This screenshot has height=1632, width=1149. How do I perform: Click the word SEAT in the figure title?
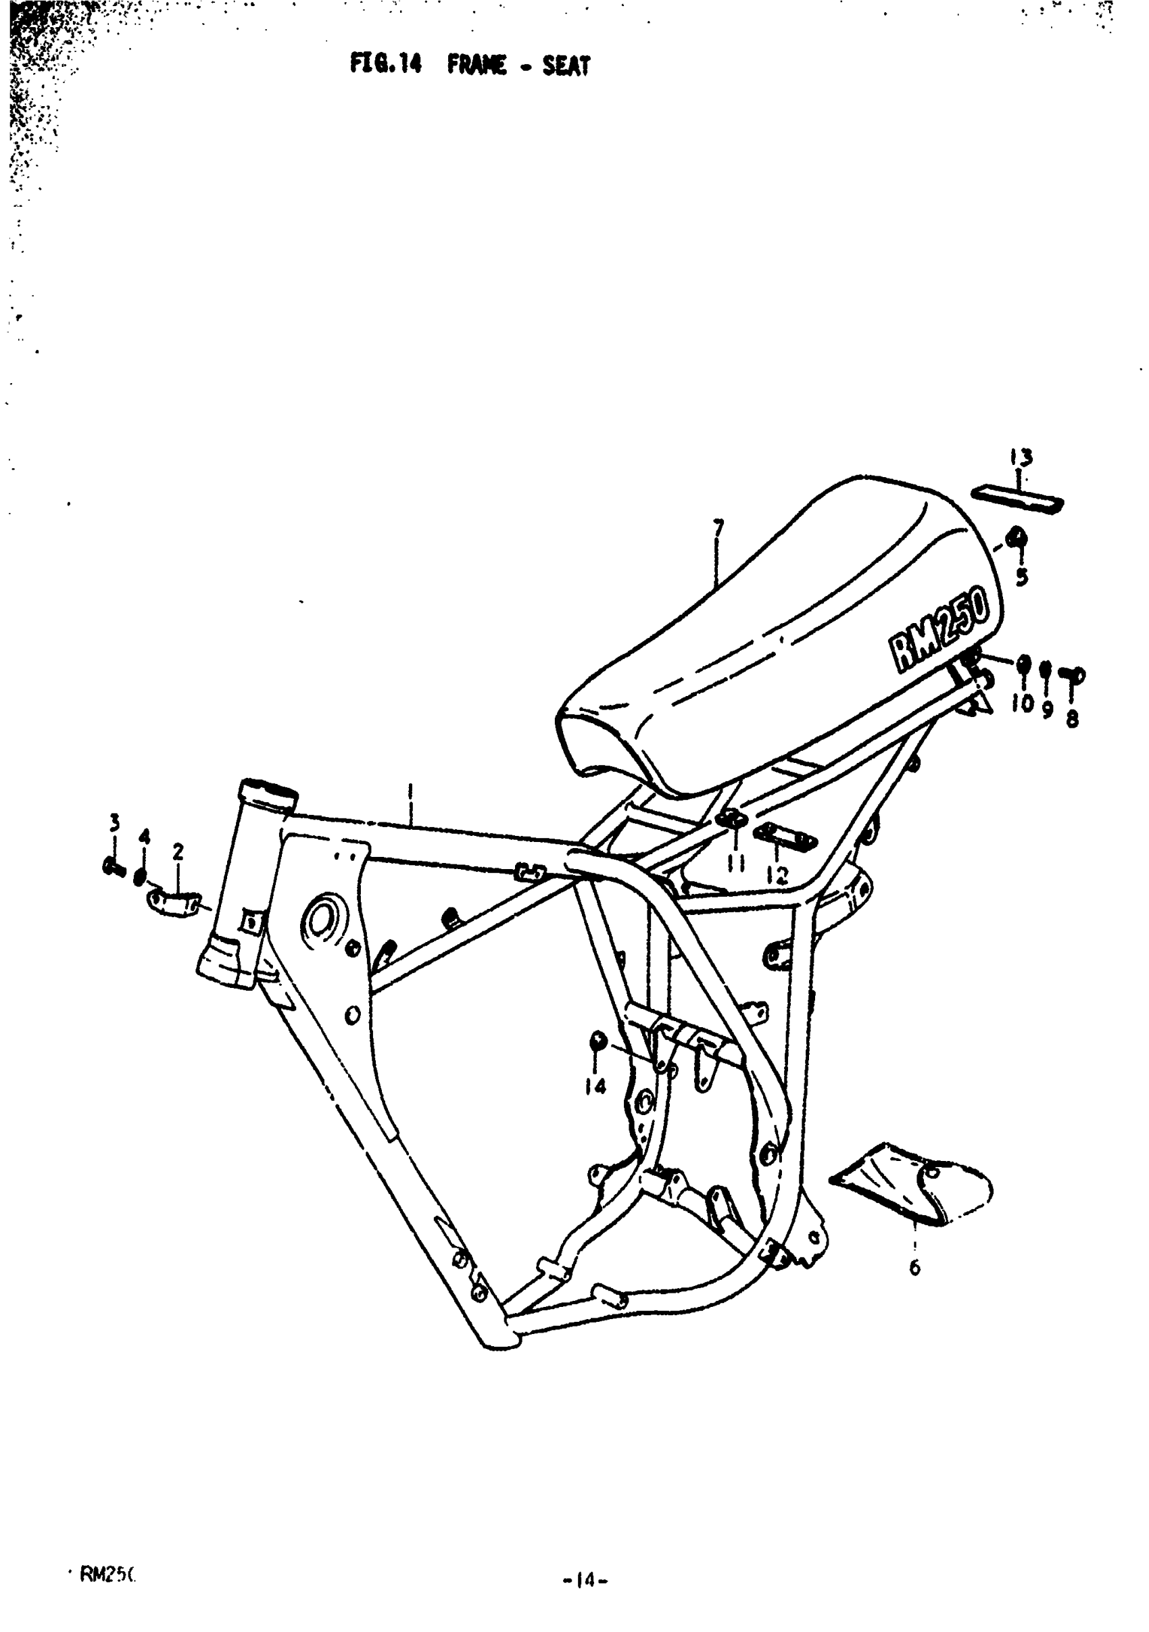[x=566, y=66]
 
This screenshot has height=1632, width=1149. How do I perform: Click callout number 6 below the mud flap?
[x=914, y=1266]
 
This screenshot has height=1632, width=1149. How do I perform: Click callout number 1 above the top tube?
[x=410, y=790]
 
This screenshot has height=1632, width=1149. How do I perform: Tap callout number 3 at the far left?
[x=114, y=822]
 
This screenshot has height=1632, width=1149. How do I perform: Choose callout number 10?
[x=1024, y=703]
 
